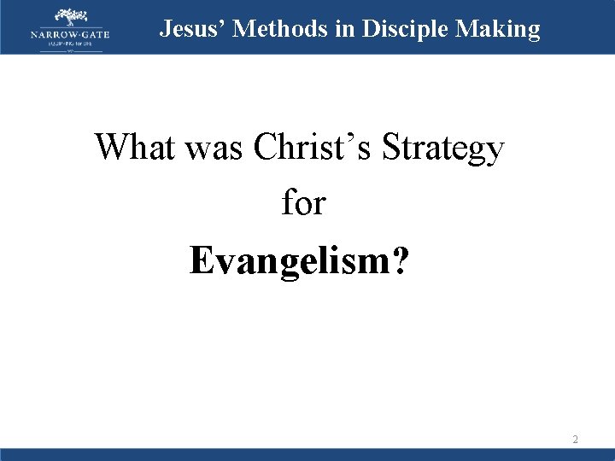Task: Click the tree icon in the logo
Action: [x=70, y=16]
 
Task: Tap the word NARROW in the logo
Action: [x=50, y=33]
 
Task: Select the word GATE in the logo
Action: [x=93, y=33]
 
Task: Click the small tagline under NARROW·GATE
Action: [x=70, y=43]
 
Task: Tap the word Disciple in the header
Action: [x=407, y=29]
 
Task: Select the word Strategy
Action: [x=444, y=149]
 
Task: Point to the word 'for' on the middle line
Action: [x=303, y=202]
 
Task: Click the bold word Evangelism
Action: [x=290, y=260]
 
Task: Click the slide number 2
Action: [x=575, y=440]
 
